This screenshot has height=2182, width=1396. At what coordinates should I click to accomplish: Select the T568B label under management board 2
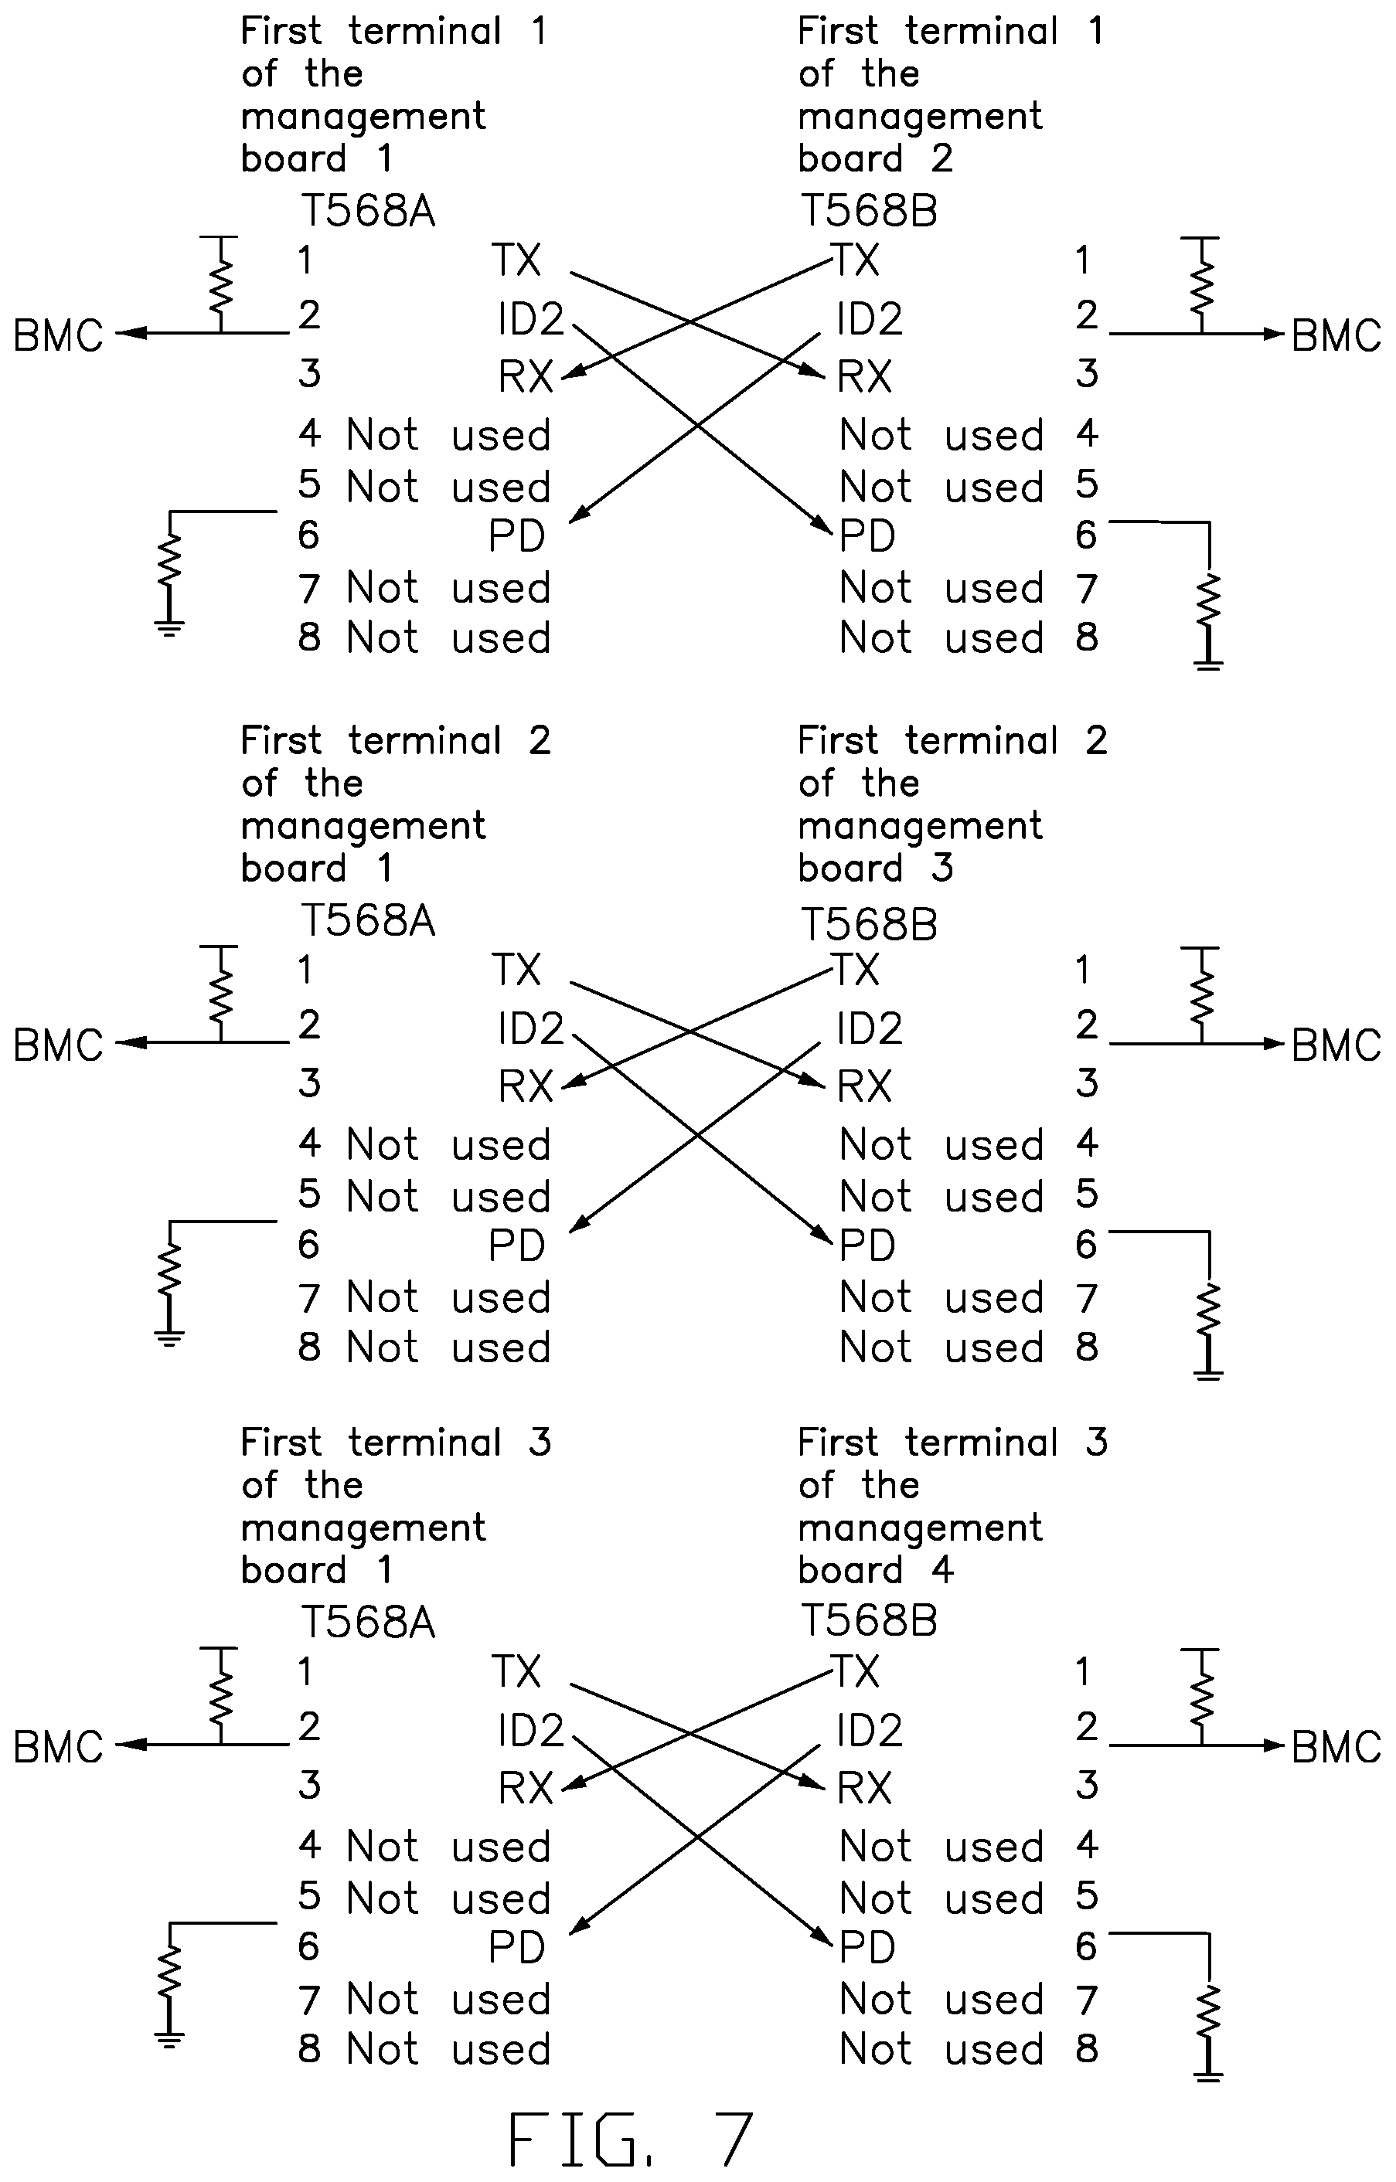[x=868, y=211]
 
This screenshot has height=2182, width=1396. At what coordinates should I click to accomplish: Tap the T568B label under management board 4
[x=868, y=1622]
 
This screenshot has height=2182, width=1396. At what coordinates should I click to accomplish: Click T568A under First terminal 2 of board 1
[x=368, y=922]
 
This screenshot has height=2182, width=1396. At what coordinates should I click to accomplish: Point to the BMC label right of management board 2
[x=1335, y=335]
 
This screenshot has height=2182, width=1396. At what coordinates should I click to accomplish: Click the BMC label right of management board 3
[x=1335, y=1045]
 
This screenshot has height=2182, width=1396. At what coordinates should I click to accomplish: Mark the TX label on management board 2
[x=856, y=261]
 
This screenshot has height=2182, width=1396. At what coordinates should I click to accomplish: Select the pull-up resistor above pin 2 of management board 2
[x=1201, y=282]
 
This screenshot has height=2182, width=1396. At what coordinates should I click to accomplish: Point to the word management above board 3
[x=920, y=828]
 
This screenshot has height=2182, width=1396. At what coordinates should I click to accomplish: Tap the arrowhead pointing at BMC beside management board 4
[x=1275, y=1745]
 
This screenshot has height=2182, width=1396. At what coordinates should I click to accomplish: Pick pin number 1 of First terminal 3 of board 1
[x=305, y=1672]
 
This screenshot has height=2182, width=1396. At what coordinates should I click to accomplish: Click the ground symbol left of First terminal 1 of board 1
[x=169, y=628]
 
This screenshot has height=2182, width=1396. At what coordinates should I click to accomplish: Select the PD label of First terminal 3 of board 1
[x=516, y=1947]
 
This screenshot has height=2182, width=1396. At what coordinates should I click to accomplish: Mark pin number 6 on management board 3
[x=1087, y=1245]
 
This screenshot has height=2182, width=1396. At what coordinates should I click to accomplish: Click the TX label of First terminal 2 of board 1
[x=516, y=970]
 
